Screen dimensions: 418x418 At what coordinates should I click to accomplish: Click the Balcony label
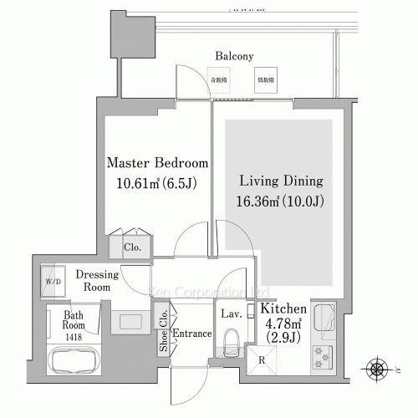(234, 56)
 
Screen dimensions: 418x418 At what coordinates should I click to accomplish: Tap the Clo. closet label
(132, 247)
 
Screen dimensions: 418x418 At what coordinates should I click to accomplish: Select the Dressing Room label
(97, 280)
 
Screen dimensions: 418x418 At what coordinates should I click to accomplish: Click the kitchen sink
(323, 319)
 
